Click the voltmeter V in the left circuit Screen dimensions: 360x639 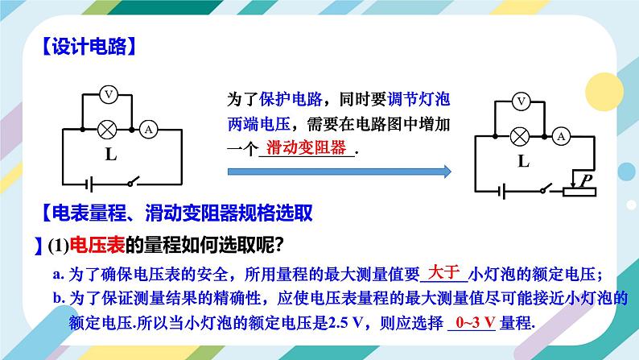pos(109,95)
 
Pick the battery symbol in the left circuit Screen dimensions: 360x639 pos(93,182)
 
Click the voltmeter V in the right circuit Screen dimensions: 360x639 pos(522,101)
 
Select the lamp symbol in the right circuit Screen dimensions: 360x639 pos(522,135)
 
